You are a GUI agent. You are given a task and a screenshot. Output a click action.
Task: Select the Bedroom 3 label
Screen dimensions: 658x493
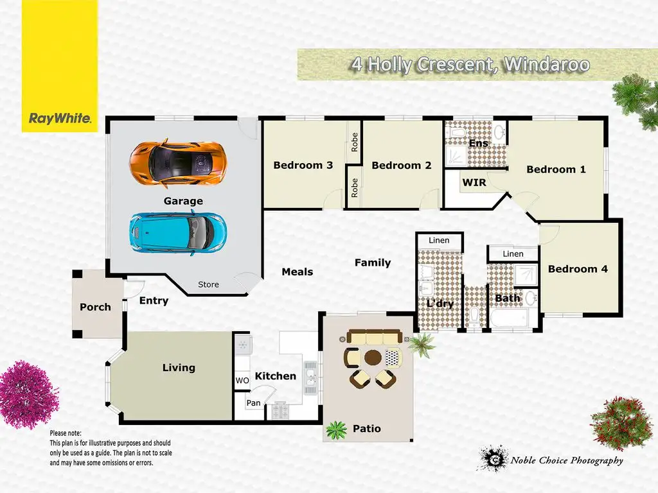[x=303, y=166]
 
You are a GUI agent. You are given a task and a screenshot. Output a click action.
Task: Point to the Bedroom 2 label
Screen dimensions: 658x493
[x=401, y=166]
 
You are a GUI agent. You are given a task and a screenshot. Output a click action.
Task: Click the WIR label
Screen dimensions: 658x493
[x=474, y=183]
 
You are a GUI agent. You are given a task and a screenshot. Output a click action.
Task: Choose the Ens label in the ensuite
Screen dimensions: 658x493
[x=478, y=143]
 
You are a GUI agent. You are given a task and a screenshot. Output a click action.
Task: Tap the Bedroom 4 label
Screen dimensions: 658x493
[x=577, y=269]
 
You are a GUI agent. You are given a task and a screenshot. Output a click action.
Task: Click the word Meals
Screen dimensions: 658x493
[x=298, y=272]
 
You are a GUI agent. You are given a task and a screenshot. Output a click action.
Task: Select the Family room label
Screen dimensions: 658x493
[x=373, y=263]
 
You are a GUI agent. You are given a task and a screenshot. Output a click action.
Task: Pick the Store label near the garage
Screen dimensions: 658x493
[x=208, y=284]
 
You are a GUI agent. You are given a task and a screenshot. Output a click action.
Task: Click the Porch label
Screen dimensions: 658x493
[x=95, y=307]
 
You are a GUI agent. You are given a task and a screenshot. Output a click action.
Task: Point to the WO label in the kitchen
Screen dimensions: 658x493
[x=242, y=381]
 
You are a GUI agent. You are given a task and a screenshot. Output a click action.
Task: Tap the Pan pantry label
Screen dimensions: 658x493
[x=253, y=403]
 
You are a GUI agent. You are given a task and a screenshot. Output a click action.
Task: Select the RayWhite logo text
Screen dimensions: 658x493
[x=60, y=118]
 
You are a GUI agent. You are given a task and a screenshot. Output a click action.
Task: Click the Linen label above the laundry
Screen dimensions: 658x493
[x=439, y=241]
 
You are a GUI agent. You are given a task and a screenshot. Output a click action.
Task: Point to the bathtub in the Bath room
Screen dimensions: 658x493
[x=508, y=318]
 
